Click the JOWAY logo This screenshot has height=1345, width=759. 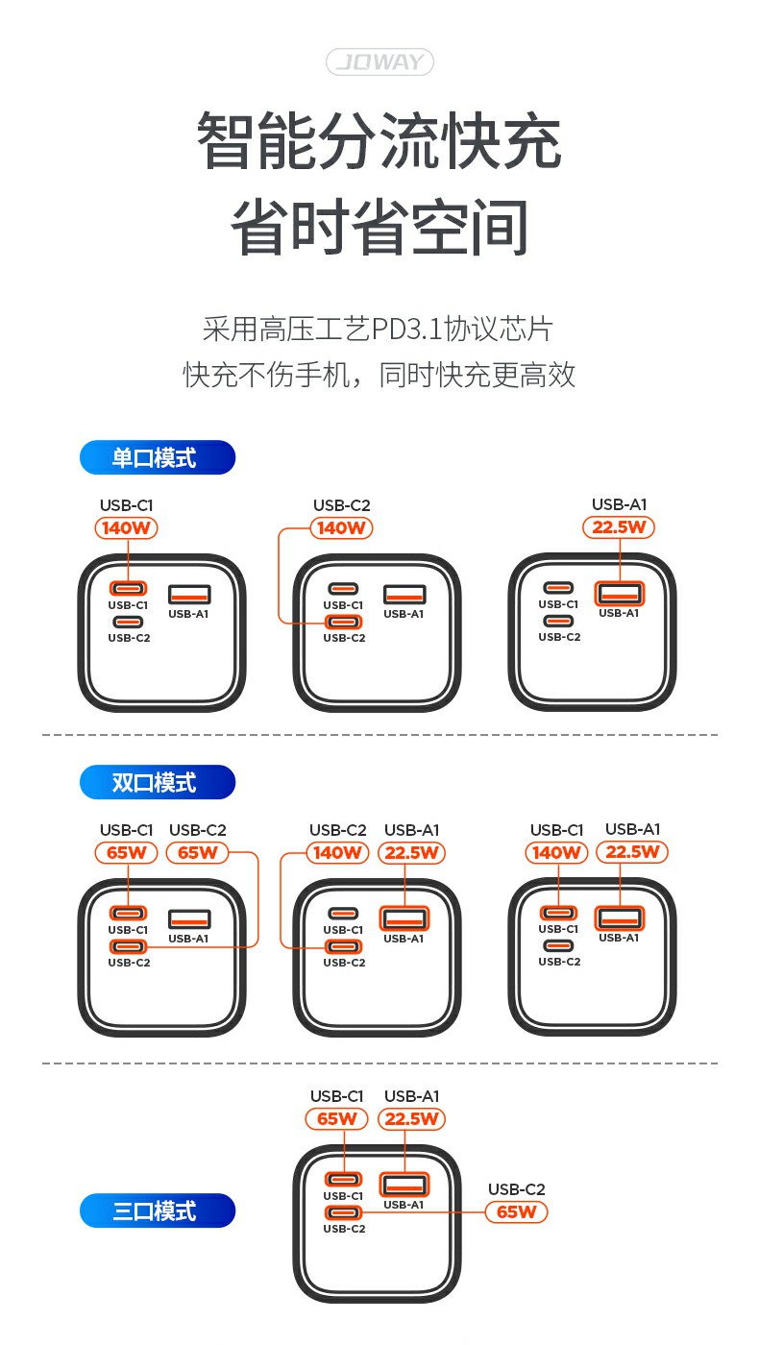[379, 63]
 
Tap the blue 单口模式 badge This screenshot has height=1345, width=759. [157, 457]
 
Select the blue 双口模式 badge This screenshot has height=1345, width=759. [157, 782]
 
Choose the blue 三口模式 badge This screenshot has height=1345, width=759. [157, 1210]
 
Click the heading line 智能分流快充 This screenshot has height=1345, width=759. [379, 141]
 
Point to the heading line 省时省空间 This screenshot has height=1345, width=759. [379, 228]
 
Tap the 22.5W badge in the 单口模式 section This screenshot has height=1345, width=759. [620, 526]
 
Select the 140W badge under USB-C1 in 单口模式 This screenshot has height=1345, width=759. [127, 527]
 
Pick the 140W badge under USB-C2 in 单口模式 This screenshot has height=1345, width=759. [341, 527]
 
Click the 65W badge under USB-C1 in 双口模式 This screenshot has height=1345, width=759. [127, 852]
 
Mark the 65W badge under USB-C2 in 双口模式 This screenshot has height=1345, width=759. [198, 852]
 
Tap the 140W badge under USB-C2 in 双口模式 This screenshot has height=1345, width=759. [337, 852]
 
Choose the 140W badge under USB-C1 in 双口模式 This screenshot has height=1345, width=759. [557, 852]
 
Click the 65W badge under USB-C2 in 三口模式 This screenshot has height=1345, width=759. [516, 1211]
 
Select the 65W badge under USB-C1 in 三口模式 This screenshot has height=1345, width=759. [337, 1118]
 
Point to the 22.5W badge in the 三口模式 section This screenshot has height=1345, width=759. [413, 1118]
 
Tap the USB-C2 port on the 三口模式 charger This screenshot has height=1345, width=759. [343, 1212]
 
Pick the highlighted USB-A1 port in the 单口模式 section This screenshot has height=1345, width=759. [619, 593]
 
